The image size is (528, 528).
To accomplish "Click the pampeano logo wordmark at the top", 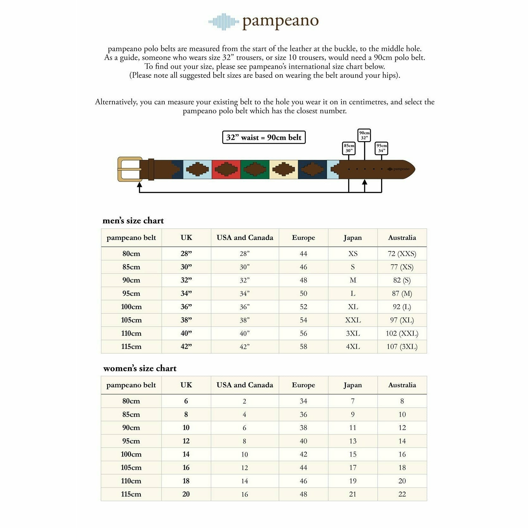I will click(x=280, y=22).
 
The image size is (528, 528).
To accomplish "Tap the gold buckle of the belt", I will click(x=129, y=169).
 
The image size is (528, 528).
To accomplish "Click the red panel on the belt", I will click(x=226, y=169).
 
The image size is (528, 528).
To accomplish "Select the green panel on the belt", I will click(x=255, y=169).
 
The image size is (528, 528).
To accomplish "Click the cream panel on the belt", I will click(x=284, y=169).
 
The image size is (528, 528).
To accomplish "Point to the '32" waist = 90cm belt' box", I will click(x=264, y=137).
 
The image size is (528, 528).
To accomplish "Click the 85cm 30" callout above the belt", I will click(x=349, y=148).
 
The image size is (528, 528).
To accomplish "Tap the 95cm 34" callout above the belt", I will click(x=381, y=148).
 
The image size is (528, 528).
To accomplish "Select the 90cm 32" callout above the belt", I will click(x=364, y=135).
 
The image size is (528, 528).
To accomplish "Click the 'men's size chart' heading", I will click(x=133, y=221).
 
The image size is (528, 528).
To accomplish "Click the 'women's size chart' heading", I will click(x=140, y=368).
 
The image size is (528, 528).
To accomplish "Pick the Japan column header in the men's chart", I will click(x=353, y=238).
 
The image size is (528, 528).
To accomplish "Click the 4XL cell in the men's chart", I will click(x=353, y=347).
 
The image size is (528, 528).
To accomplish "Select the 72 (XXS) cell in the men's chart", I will click(x=402, y=254).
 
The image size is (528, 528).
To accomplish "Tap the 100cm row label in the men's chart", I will click(x=131, y=307).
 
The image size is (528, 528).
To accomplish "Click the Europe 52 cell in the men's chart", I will click(x=303, y=307).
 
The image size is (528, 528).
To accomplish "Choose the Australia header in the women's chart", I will click(x=402, y=385).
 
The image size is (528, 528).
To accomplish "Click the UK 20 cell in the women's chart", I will click(x=186, y=494).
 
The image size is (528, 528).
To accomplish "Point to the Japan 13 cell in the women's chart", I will click(x=353, y=441).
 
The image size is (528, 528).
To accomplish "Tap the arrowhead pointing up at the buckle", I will click(x=139, y=185).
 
